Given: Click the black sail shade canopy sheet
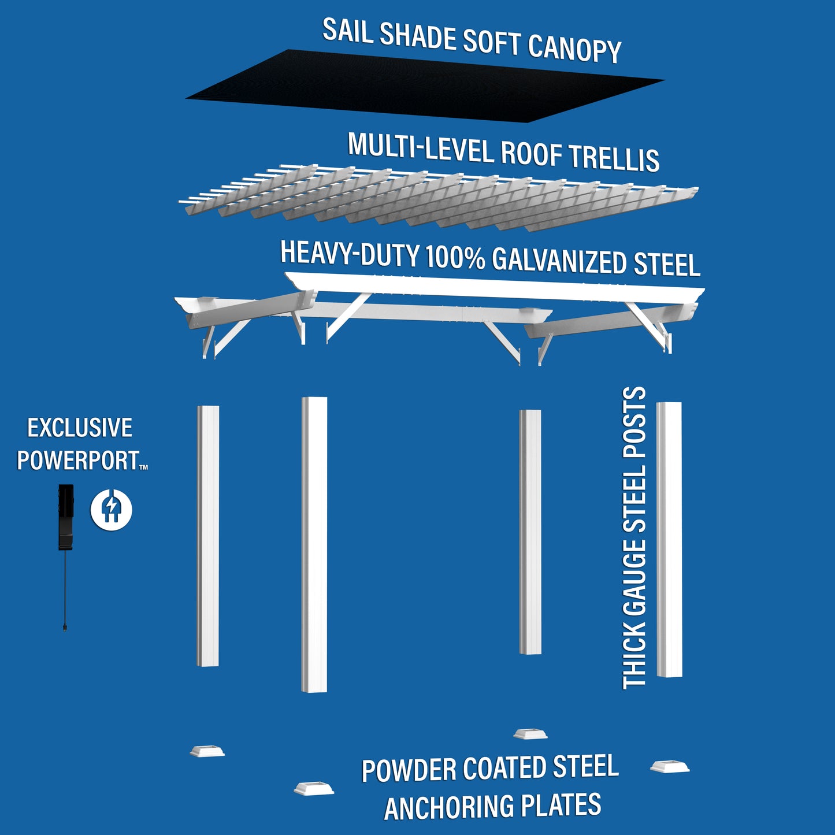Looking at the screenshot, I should click(x=425, y=87).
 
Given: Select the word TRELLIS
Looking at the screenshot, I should click(x=614, y=158).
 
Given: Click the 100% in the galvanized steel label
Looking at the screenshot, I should click(x=455, y=258).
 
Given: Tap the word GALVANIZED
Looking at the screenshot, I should click(x=559, y=261).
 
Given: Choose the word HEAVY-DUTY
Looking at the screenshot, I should click(x=350, y=254).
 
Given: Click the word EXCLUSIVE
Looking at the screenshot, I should click(x=80, y=428).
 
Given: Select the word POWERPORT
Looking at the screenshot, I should click(x=78, y=461).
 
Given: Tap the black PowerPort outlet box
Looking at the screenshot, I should click(x=66, y=517).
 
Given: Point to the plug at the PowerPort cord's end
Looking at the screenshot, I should click(x=64, y=627).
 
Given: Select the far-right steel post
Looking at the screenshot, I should click(x=669, y=539).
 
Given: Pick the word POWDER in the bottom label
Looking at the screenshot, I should click(x=409, y=770).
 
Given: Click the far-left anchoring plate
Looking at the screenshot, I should click(x=207, y=751).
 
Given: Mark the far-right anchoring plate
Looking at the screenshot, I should click(x=670, y=767).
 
